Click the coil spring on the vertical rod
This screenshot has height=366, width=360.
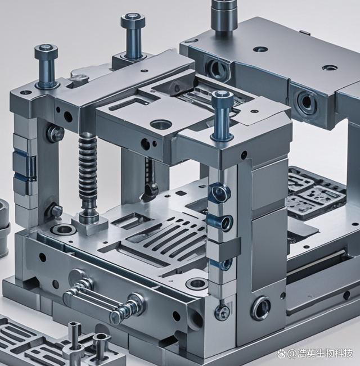pos(88,172)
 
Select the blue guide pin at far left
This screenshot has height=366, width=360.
pos(47,66)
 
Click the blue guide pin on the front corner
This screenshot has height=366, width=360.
pos(223,115)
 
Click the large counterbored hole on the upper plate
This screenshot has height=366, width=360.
pos(161,124)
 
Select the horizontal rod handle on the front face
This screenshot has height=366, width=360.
pos(103,302)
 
